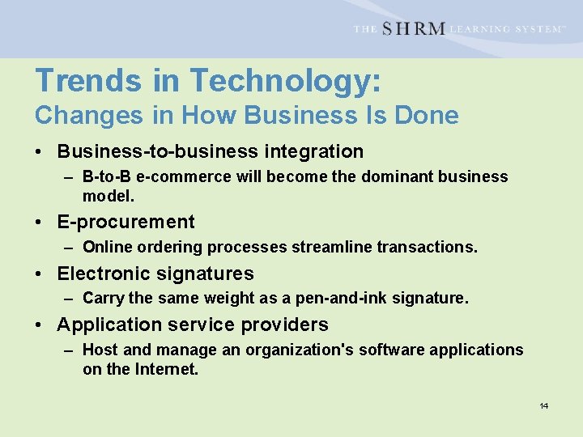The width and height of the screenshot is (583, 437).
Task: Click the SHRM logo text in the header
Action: pyautogui.click(x=412, y=28)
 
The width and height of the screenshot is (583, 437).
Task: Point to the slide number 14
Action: pyautogui.click(x=544, y=405)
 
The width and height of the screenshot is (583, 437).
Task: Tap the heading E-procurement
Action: pyautogui.click(x=126, y=222)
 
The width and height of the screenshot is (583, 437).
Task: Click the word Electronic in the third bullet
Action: pyautogui.click(x=102, y=274)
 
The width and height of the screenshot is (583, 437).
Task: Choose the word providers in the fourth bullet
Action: pyautogui.click(x=286, y=325)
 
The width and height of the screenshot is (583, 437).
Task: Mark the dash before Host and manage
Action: pyautogui.click(x=69, y=350)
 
